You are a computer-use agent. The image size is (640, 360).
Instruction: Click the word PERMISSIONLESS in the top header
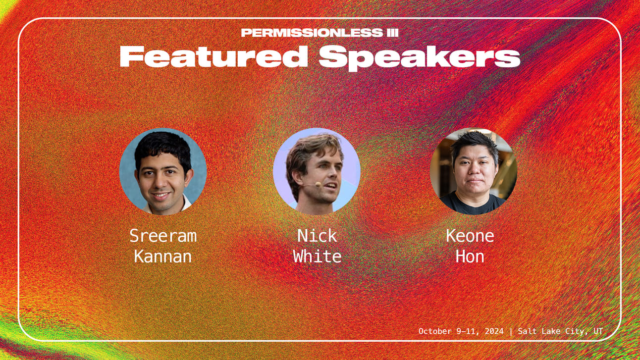(312, 33)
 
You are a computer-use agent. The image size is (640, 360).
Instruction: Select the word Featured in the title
(213, 56)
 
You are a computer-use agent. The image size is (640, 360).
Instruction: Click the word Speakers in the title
(420, 58)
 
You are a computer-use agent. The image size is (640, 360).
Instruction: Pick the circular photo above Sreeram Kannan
(163, 171)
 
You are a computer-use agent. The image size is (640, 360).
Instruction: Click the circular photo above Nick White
(317, 171)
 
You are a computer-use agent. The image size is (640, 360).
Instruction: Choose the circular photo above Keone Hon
(474, 171)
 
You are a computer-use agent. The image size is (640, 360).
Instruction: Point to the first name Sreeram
(163, 236)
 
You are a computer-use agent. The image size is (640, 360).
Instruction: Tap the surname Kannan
(163, 257)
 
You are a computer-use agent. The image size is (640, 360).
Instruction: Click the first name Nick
(317, 236)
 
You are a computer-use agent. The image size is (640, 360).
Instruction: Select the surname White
(317, 257)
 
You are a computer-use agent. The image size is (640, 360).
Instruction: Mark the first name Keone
(470, 236)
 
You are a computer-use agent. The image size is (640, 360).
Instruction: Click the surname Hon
(470, 257)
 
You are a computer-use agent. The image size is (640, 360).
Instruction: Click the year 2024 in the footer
(494, 331)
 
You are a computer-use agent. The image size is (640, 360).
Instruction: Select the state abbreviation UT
(598, 331)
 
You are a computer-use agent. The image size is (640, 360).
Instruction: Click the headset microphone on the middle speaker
(318, 185)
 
